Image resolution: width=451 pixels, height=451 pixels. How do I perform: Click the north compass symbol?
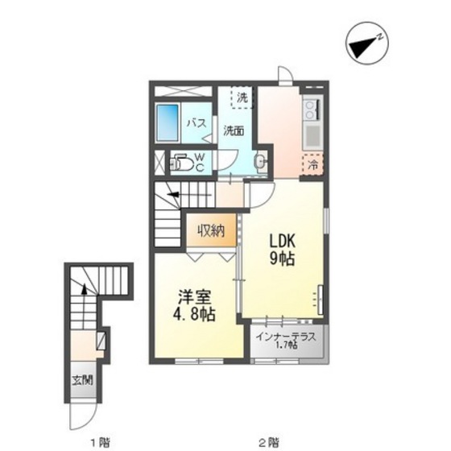[367, 43]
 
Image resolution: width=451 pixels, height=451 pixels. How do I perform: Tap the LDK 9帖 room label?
[282, 250]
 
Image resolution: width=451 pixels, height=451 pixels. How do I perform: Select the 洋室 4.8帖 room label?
[194, 305]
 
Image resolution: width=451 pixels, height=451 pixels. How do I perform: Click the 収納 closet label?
[211, 230]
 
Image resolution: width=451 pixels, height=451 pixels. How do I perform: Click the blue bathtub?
[168, 122]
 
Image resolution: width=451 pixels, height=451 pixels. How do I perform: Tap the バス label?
[197, 123]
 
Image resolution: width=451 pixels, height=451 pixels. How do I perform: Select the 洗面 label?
[234, 131]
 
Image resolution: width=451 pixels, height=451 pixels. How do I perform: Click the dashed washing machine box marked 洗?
[242, 97]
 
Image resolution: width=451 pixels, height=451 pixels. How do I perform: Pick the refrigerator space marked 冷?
[312, 164]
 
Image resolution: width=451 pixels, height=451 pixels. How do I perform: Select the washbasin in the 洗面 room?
[261, 162]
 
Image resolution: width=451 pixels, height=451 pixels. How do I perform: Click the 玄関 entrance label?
[82, 380]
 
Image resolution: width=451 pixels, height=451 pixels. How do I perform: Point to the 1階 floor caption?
[101, 441]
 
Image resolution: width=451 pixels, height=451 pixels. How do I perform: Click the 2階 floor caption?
[269, 441]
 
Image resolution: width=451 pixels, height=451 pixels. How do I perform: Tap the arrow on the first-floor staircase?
[84, 306]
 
